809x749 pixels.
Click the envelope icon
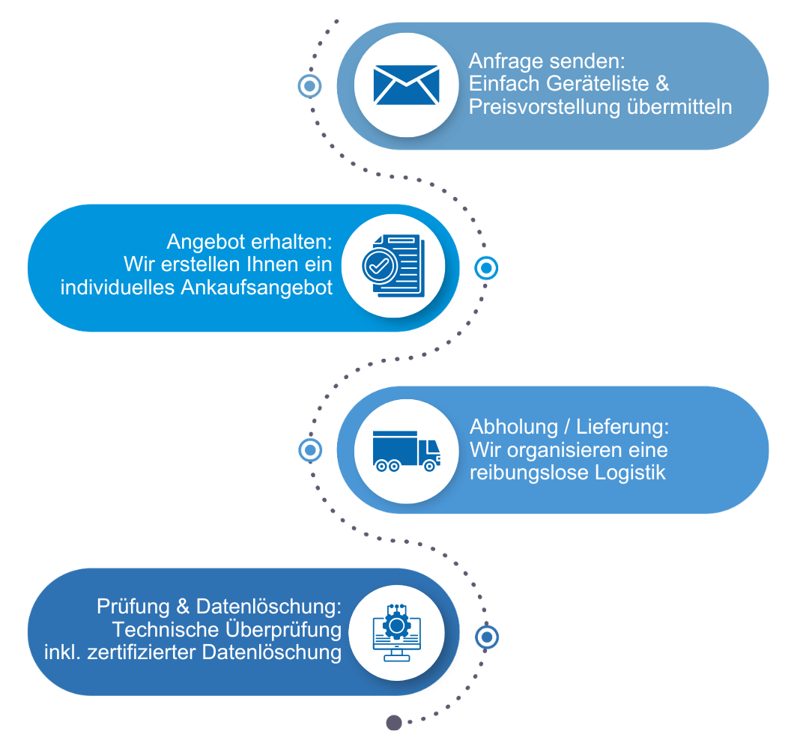point(406,85)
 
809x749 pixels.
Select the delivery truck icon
point(406,451)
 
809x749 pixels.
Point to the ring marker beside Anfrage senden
point(309,85)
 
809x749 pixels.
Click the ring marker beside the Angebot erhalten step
point(486,267)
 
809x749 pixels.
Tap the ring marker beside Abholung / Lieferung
point(309,450)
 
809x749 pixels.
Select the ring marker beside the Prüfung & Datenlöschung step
point(486,637)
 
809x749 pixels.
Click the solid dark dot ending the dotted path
point(394,722)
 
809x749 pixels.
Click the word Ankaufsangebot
point(256,288)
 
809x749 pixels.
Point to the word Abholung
point(514,428)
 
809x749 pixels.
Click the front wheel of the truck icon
point(429,466)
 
